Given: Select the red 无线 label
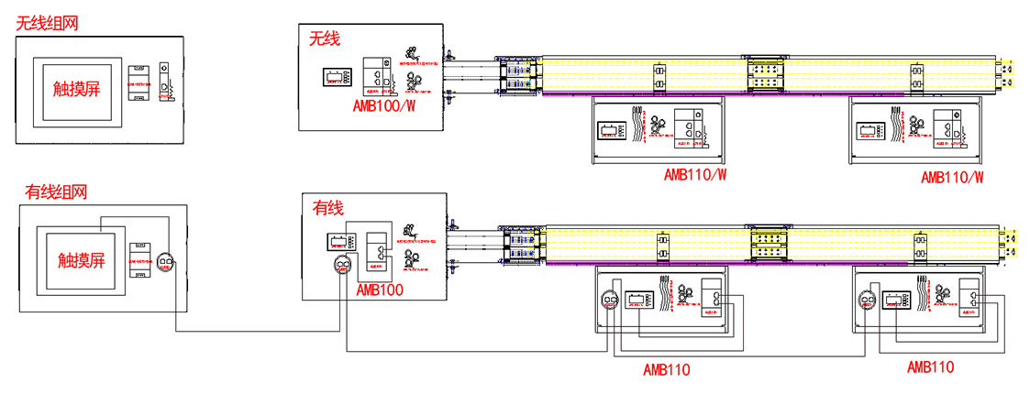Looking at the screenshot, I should [325, 38].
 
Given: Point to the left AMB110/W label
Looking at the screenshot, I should [696, 174].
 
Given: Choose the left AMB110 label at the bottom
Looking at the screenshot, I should [667, 370].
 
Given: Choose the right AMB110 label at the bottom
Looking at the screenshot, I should [930, 367].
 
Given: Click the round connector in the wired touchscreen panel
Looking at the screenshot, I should [165, 263].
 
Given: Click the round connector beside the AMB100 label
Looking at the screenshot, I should [341, 267].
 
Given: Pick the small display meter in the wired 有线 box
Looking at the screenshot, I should [339, 244].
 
